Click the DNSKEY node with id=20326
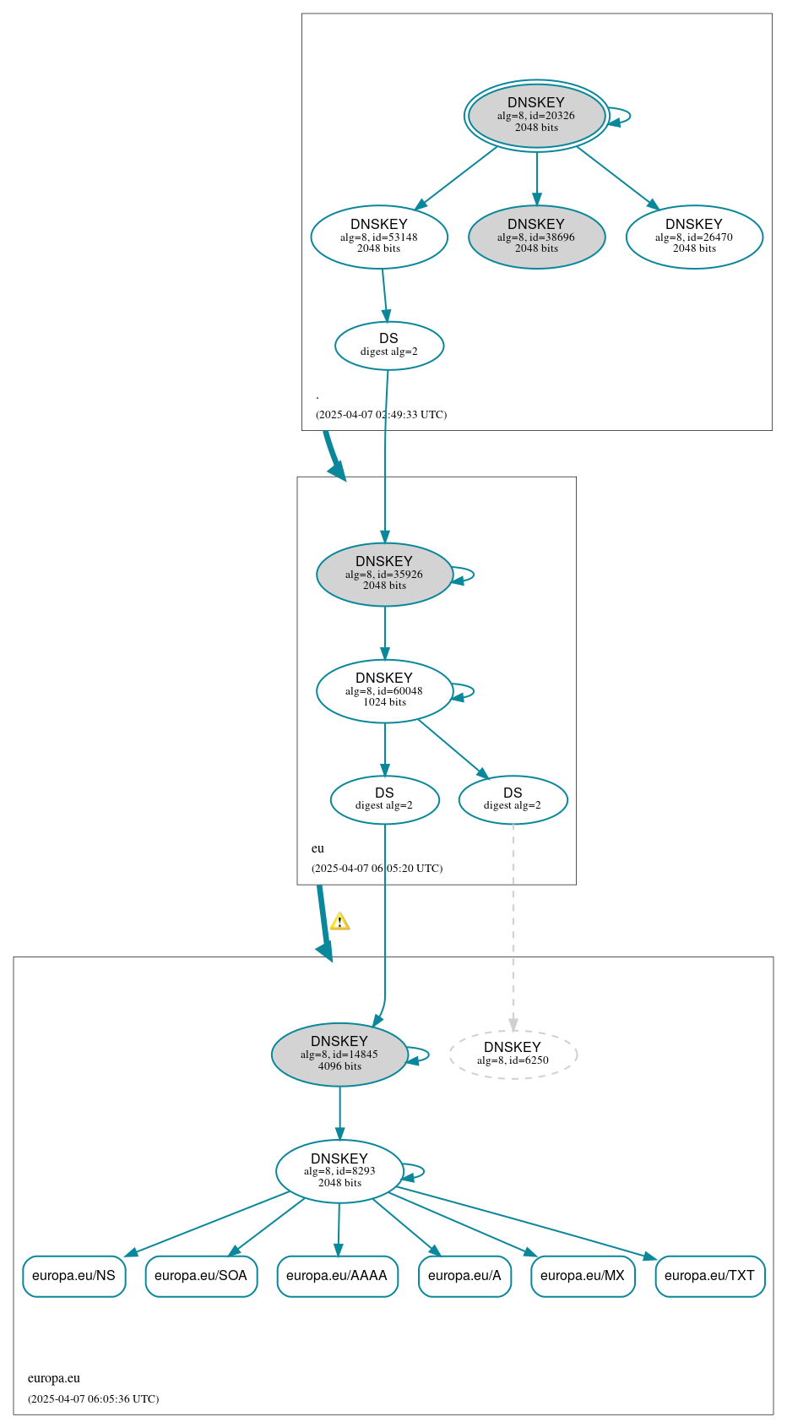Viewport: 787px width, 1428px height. pos(536,116)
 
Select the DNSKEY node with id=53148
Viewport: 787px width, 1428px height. pos(379,237)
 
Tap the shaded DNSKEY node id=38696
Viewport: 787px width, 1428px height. pos(536,237)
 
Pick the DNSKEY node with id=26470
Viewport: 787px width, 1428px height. pos(694,237)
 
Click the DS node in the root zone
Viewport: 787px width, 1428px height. pos(388,346)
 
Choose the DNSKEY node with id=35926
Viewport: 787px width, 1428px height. pos(384,575)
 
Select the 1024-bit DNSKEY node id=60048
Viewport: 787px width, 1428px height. pos(384,691)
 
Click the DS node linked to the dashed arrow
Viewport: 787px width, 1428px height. pos(513,799)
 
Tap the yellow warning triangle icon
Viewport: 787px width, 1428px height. pos(339,922)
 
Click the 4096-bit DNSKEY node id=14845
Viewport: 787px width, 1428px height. pos(339,1055)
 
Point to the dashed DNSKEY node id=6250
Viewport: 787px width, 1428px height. pos(513,1055)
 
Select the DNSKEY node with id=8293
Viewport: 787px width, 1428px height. pos(339,1171)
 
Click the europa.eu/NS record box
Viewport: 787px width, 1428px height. pos(74,1276)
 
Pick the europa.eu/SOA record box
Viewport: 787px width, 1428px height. pos(201,1276)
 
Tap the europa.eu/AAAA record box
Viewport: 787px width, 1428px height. pos(337,1276)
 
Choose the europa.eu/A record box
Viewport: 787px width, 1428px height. pos(464,1276)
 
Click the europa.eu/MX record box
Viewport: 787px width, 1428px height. pos(583,1276)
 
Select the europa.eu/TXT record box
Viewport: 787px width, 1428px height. pos(709,1276)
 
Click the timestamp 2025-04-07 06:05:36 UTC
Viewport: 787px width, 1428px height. pos(93,1398)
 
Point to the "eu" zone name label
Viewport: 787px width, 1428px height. pos(318,848)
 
